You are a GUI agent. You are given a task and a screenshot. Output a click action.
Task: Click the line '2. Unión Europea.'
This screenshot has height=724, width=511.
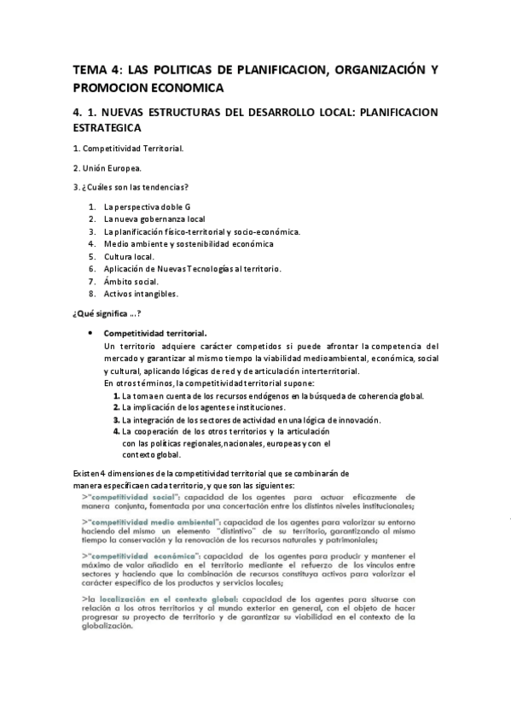(107, 167)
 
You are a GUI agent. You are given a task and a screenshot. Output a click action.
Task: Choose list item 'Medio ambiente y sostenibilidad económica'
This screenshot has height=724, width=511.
(189, 243)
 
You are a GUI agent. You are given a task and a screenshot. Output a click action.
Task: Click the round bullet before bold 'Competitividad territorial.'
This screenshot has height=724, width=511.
(90, 332)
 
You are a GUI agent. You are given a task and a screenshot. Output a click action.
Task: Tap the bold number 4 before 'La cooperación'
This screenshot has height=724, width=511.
(116, 431)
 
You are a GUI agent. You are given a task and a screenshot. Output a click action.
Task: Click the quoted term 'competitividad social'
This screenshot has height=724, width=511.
(130, 495)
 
